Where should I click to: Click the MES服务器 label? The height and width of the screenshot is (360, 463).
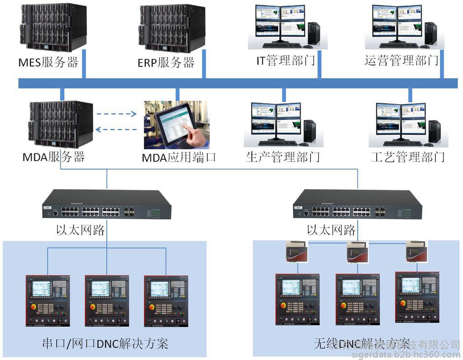[x=48, y=62]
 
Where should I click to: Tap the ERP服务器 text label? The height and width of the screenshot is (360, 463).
[x=166, y=62]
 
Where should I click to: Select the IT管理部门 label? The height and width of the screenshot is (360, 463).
[x=286, y=60]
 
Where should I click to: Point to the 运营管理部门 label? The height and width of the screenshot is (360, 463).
[x=402, y=60]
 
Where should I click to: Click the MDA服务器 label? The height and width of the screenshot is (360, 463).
[x=54, y=157]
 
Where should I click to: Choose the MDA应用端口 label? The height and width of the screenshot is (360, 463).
[x=179, y=157]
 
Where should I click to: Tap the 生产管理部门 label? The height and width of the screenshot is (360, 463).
[x=283, y=157]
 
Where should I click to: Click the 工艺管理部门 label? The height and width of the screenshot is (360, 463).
[x=408, y=157]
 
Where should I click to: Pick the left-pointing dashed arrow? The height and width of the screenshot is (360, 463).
[x=117, y=130]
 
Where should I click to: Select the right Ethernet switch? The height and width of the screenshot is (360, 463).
[x=357, y=206]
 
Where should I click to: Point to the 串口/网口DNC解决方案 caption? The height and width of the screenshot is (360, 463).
[x=104, y=344]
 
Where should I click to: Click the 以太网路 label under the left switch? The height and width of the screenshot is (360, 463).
[x=80, y=230]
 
